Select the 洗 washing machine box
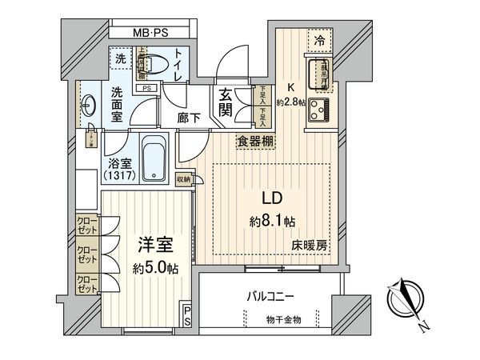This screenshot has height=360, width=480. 121,58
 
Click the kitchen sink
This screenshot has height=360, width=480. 314,72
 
